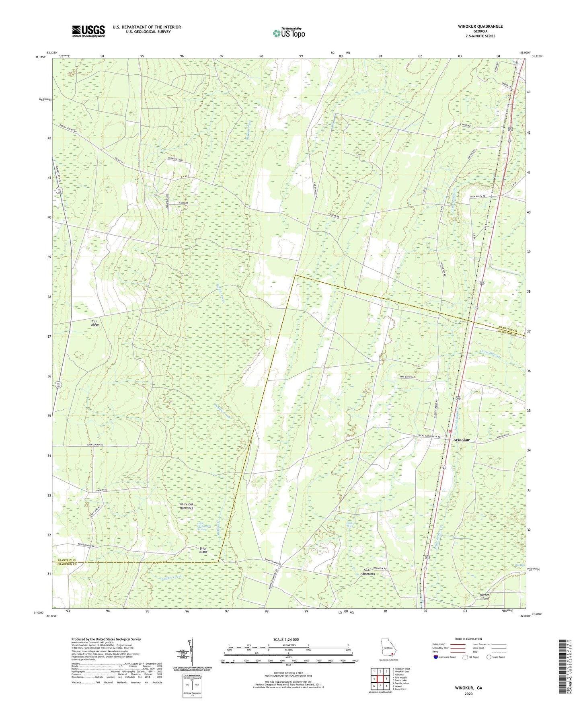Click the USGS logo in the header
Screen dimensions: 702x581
(88, 31)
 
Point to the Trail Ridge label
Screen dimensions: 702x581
(94, 323)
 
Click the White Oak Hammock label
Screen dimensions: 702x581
(186, 506)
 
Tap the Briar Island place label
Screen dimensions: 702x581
(203, 550)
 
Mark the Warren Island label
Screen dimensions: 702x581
(484, 596)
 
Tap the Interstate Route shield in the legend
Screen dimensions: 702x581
(436, 657)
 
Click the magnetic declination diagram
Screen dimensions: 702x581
(191, 652)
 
